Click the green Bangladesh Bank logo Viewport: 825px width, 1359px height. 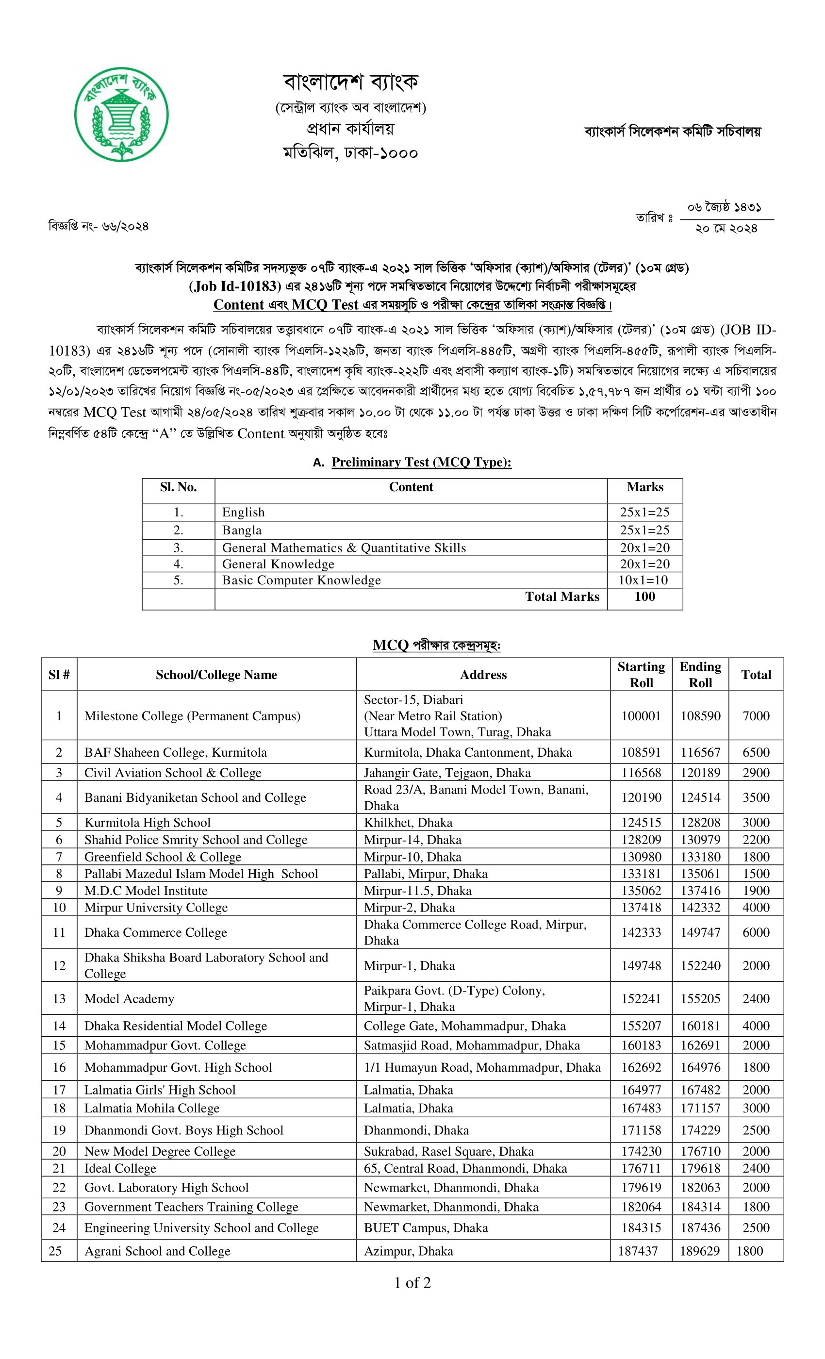pyautogui.click(x=121, y=115)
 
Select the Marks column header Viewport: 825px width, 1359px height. pyautogui.click(x=644, y=487)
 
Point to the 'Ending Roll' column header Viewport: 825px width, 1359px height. pyautogui.click(x=700, y=674)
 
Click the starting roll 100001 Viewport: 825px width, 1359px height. pyautogui.click(x=641, y=716)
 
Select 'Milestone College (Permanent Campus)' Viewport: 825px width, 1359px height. pyautogui.click(x=192, y=716)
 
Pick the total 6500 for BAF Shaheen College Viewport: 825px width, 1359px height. pyautogui.click(x=756, y=752)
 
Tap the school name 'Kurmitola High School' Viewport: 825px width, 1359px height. pyautogui.click(x=147, y=822)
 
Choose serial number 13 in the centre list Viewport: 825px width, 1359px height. pyautogui.click(x=59, y=998)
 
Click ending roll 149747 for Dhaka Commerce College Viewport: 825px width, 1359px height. pyautogui.click(x=700, y=932)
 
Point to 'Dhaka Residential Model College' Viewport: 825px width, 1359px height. pyautogui.click(x=175, y=1026)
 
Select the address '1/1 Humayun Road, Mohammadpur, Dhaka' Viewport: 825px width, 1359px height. pyautogui.click(x=482, y=1067)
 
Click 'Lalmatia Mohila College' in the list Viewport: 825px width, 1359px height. pyautogui.click(x=151, y=1108)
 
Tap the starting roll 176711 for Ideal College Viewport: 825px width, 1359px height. pyautogui.click(x=641, y=1168)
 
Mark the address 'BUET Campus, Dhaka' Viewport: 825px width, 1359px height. pyautogui.click(x=426, y=1228)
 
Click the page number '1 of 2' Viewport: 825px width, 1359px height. pyautogui.click(x=412, y=1283)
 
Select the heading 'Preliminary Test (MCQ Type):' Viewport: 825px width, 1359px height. pyautogui.click(x=421, y=462)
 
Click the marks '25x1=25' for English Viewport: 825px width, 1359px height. pyautogui.click(x=644, y=513)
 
